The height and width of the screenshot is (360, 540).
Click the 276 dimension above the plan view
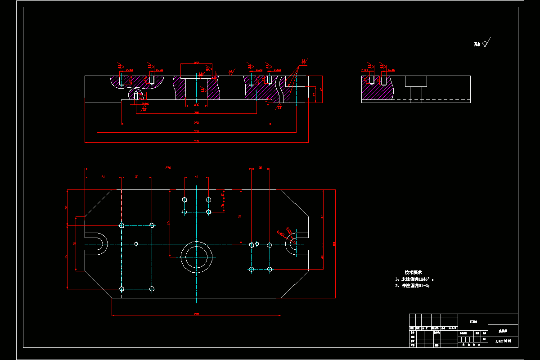[x=168, y=167]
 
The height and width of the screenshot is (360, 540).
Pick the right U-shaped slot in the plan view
[x=295, y=244]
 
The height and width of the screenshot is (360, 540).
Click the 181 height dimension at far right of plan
[x=334, y=243]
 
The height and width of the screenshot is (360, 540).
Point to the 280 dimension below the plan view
[x=196, y=314]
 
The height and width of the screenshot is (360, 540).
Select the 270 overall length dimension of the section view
[x=196, y=141]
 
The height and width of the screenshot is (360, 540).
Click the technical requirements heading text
[x=413, y=272]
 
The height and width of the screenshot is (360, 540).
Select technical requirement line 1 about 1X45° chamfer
[x=414, y=279]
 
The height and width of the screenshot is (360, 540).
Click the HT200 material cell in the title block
[x=473, y=321]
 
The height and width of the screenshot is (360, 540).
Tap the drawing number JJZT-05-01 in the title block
[x=503, y=341]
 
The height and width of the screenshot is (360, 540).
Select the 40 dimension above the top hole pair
[x=196, y=177]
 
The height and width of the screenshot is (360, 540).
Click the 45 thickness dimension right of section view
[x=321, y=89]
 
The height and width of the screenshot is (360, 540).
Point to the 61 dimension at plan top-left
[x=103, y=177]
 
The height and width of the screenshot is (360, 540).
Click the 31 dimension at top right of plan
[x=261, y=167]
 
